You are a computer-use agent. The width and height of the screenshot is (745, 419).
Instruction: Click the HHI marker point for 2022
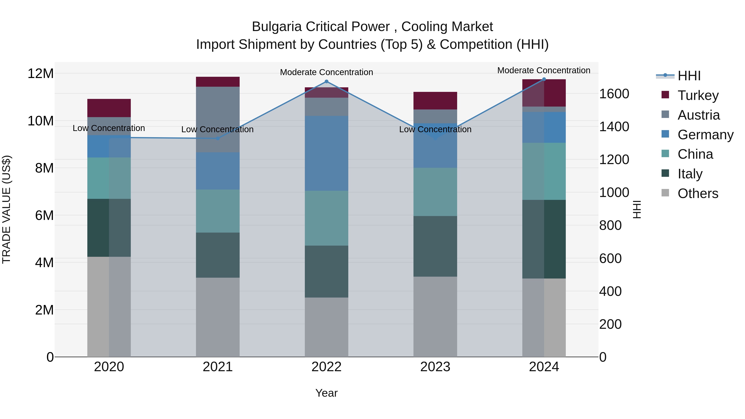pyautogui.click(x=327, y=82)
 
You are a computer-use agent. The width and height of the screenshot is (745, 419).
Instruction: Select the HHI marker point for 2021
pyautogui.click(x=218, y=138)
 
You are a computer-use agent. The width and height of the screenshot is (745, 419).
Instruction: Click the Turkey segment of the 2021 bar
pyautogui.click(x=218, y=82)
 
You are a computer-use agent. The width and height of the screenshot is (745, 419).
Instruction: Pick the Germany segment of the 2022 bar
pyautogui.click(x=327, y=153)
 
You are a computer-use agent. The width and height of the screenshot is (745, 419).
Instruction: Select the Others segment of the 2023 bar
pyautogui.click(x=435, y=317)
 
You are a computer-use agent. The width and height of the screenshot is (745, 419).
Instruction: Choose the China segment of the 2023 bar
pyautogui.click(x=435, y=192)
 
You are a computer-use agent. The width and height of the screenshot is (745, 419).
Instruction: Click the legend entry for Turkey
pyautogui.click(x=698, y=95)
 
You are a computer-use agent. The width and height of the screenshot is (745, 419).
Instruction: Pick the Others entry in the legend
pyautogui.click(x=698, y=193)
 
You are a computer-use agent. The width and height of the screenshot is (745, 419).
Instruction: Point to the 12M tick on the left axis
pyautogui.click(x=41, y=73)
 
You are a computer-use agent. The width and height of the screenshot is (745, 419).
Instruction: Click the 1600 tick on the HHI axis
pyautogui.click(x=614, y=94)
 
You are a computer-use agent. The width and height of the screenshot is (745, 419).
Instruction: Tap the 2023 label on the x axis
pyautogui.click(x=435, y=367)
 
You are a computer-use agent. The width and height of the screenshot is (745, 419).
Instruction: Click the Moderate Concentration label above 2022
pyautogui.click(x=327, y=72)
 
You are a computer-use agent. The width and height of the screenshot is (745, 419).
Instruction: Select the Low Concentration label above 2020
pyautogui.click(x=109, y=128)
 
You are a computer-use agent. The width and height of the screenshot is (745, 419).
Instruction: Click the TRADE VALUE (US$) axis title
pyautogui.click(x=6, y=209)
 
